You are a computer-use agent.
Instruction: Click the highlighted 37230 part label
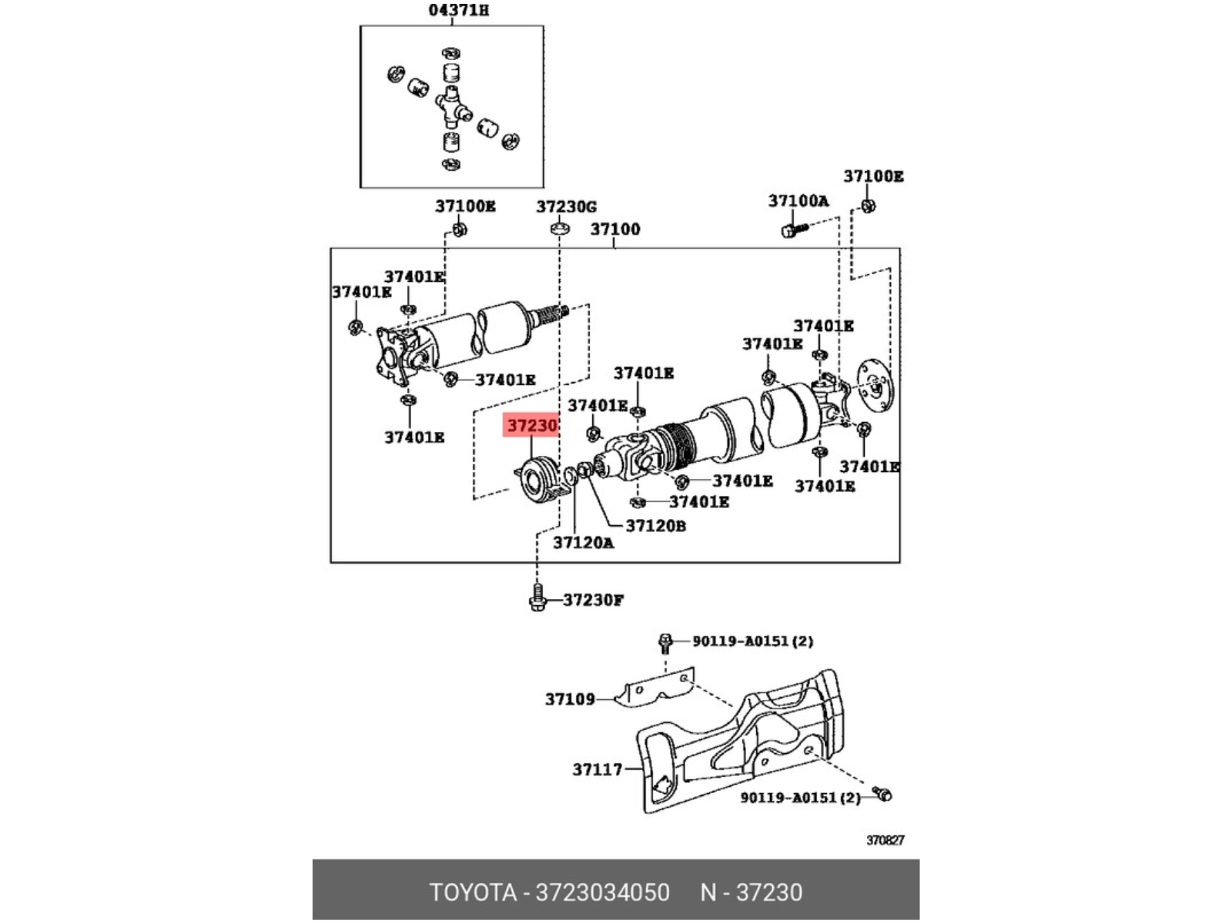coord(531,425)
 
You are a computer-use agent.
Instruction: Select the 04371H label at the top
coord(459,10)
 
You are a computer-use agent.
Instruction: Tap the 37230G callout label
coord(566,207)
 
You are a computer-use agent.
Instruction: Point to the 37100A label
coord(798,201)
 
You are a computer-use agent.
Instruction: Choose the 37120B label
coord(655,526)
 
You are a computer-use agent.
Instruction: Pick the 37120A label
coord(583,543)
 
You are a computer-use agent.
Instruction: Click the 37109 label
coord(570,699)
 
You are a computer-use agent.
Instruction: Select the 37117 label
coord(598,769)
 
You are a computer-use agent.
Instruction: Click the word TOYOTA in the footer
coord(473,892)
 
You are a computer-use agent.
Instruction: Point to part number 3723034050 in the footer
coord(602,892)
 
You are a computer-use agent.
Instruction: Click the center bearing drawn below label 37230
coord(539,480)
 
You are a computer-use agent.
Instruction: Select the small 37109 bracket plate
coord(654,688)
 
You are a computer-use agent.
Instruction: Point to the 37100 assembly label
coord(615,229)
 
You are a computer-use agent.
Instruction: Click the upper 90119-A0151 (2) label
coord(752,641)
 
